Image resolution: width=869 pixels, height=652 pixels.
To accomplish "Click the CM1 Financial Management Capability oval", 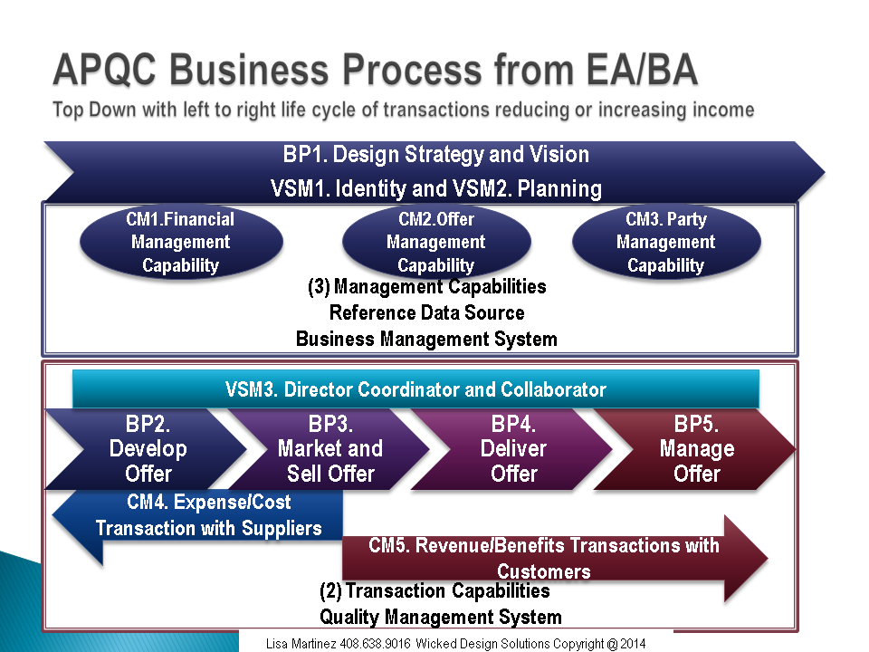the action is [181, 242].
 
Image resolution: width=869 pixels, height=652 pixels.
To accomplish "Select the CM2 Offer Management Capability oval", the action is [436, 242].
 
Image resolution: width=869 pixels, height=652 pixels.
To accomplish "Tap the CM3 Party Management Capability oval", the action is [666, 242].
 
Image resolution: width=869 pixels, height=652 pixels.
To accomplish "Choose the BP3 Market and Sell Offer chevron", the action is [330, 449].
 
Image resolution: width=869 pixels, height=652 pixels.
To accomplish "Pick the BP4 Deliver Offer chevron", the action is [513, 449].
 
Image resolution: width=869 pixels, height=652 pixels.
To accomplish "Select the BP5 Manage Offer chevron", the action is [696, 449].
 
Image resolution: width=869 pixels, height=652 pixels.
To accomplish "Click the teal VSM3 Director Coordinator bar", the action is [415, 389].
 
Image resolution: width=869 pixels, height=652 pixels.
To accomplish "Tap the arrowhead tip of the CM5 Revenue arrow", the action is [769, 559].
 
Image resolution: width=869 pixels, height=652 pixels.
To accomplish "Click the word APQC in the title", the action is [105, 71].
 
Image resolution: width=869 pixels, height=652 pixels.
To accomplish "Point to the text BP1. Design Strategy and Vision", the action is [436, 154].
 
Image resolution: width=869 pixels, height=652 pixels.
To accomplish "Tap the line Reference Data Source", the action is [426, 312].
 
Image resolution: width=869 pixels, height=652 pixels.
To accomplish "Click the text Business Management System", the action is [426, 339].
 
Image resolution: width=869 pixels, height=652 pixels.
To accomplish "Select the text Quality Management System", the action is [441, 617].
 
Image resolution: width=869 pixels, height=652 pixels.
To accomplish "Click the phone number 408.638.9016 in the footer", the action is [375, 644].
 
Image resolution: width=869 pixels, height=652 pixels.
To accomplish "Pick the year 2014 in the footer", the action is [633, 644].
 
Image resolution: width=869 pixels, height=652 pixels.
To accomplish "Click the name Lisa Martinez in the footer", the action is [301, 644].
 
